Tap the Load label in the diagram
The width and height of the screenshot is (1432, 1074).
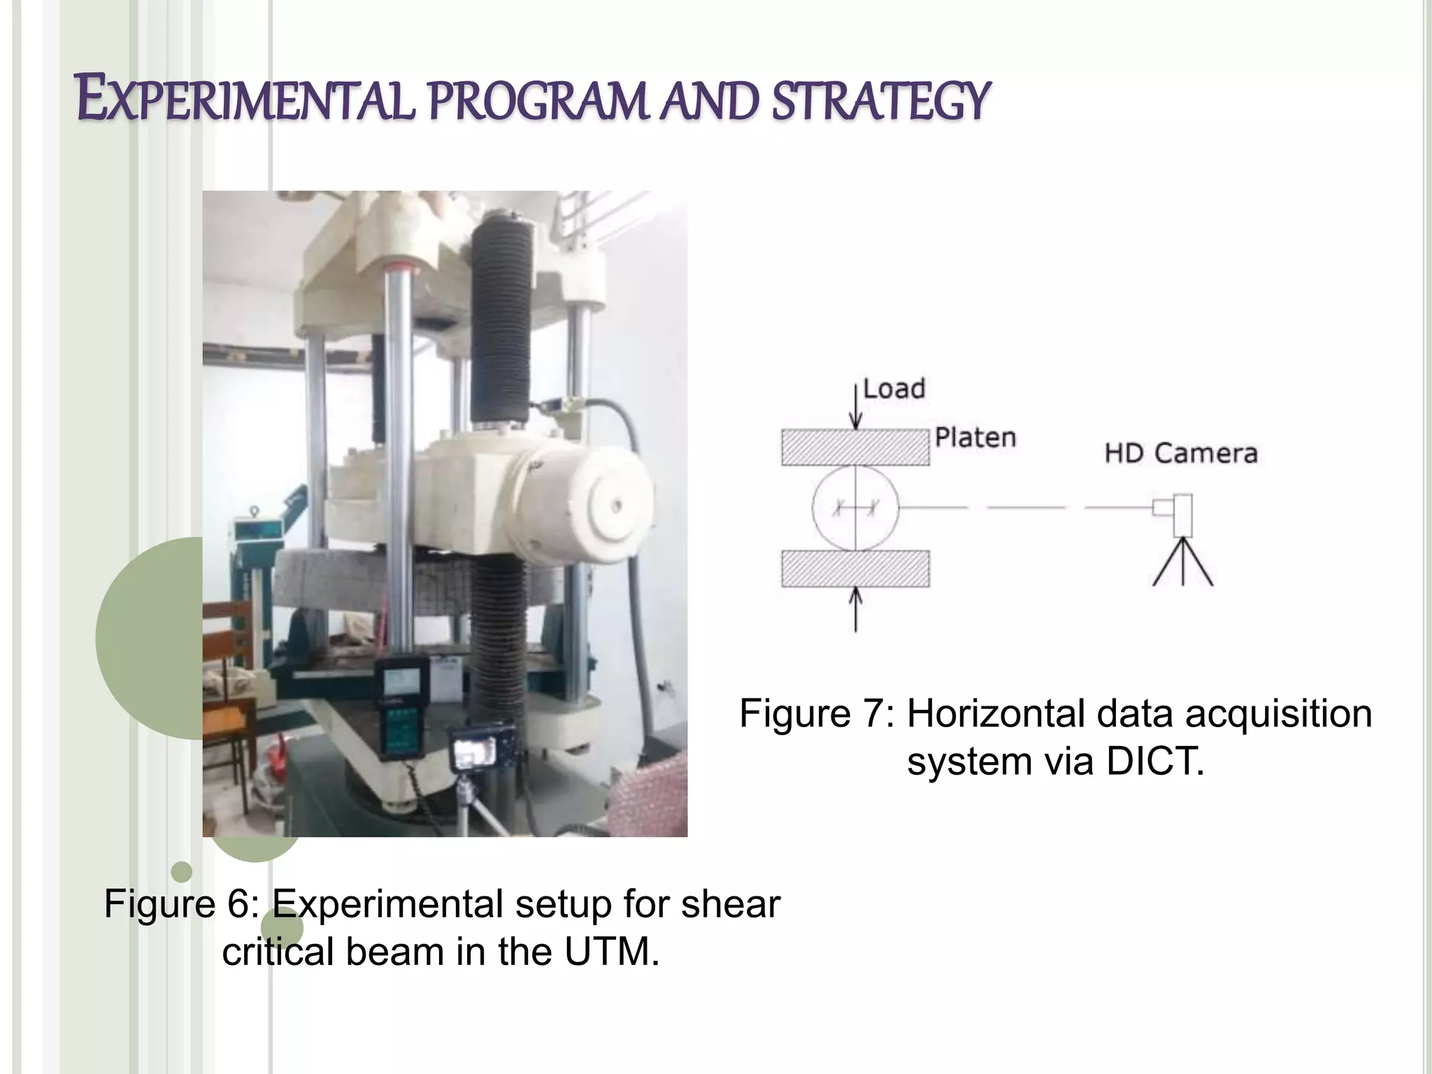coord(894,389)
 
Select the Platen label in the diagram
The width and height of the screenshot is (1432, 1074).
coord(975,438)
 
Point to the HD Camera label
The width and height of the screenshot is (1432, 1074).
coord(1181,453)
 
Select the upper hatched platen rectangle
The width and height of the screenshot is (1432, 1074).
coord(855,447)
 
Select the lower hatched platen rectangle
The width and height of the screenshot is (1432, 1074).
coord(855,568)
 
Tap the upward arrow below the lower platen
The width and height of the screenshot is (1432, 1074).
coord(855,608)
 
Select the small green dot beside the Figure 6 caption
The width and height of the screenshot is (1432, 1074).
coord(181,872)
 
